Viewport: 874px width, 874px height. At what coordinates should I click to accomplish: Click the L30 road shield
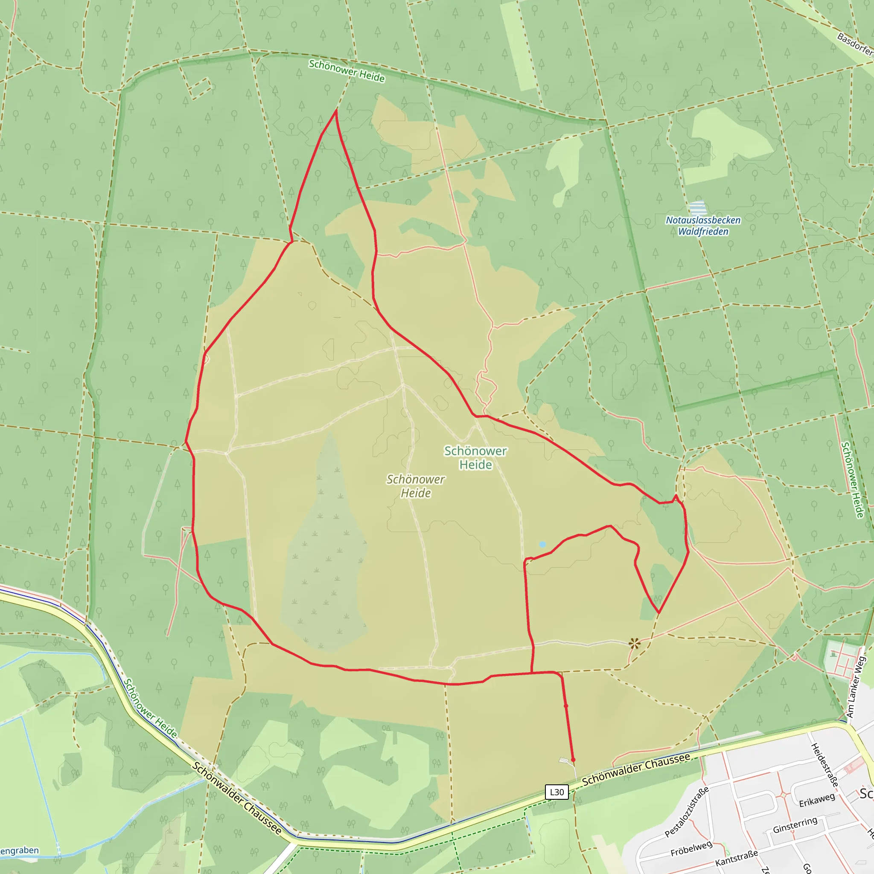pyautogui.click(x=556, y=792)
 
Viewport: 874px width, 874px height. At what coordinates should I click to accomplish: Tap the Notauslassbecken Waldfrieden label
pyautogui.click(x=703, y=226)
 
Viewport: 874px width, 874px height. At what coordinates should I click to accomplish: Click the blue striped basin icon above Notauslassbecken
pyautogui.click(x=698, y=208)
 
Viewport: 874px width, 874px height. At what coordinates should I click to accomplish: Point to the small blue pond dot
pyautogui.click(x=542, y=544)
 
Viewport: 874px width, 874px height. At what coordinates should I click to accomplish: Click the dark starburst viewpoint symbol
pyautogui.click(x=634, y=644)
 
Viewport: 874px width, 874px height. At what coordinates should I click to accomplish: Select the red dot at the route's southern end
pyautogui.click(x=573, y=760)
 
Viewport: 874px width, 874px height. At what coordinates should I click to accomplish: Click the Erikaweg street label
pyautogui.click(x=816, y=800)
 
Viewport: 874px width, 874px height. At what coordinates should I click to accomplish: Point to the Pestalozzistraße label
pyautogui.click(x=686, y=812)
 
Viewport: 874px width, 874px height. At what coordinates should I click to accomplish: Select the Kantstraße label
pyautogui.click(x=737, y=858)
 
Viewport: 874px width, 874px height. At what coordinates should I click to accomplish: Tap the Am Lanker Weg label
pyautogui.click(x=856, y=687)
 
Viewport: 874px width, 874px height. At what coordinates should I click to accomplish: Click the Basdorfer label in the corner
pyautogui.click(x=855, y=44)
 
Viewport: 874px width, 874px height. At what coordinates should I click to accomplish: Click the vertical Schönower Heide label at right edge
pyautogui.click(x=852, y=480)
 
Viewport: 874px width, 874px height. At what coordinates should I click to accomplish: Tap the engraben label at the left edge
pyautogui.click(x=19, y=851)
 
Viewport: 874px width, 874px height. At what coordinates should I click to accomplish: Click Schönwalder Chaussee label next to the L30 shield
pyautogui.click(x=635, y=769)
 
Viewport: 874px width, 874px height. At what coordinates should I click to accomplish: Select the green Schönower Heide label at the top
pyautogui.click(x=347, y=71)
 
